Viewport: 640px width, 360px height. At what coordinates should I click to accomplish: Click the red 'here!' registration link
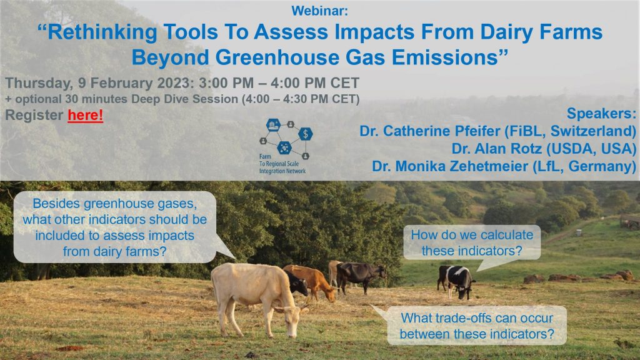85,115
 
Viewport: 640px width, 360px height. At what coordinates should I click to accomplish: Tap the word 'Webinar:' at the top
319,11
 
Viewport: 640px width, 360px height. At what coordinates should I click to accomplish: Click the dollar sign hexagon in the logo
305,134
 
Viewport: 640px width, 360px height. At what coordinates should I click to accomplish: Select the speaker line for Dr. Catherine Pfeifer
497,131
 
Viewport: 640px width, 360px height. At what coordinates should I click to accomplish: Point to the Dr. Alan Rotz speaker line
544,149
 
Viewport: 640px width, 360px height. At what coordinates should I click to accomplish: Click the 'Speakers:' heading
601,114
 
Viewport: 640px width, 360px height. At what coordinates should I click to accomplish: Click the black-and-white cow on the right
456,281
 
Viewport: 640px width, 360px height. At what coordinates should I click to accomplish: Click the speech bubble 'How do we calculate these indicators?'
472,243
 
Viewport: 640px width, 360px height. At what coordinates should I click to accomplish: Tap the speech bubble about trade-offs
476,326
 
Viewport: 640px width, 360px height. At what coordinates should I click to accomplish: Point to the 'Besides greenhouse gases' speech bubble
115,227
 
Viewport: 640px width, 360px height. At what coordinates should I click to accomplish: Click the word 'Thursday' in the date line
39,83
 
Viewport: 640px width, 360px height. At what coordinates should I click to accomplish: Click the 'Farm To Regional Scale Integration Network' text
282,164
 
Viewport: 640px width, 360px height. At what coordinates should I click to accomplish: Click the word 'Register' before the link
34,116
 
